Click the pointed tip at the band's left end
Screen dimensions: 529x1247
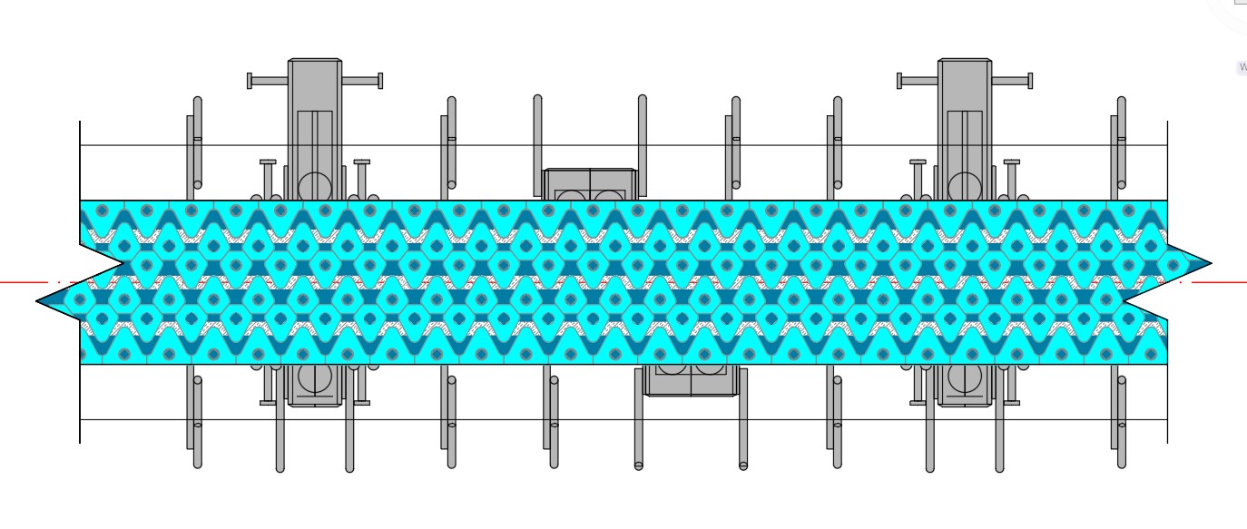click(39, 300)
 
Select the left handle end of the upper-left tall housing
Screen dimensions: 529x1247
click(250, 81)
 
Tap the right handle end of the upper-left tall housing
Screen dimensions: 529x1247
click(380, 81)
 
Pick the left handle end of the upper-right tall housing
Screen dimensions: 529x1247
click(899, 81)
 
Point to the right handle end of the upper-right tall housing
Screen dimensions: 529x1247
click(1030, 81)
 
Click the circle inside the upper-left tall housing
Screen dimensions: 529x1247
click(314, 187)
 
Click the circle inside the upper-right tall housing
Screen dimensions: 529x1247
click(964, 187)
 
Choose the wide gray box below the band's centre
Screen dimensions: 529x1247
click(692, 380)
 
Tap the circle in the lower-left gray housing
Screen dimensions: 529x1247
click(314, 378)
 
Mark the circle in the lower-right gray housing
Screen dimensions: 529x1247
click(964, 378)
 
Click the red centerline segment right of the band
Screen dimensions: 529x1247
click(1221, 282)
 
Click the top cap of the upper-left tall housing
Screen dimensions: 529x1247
click(315, 62)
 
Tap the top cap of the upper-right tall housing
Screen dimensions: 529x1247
click(965, 62)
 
